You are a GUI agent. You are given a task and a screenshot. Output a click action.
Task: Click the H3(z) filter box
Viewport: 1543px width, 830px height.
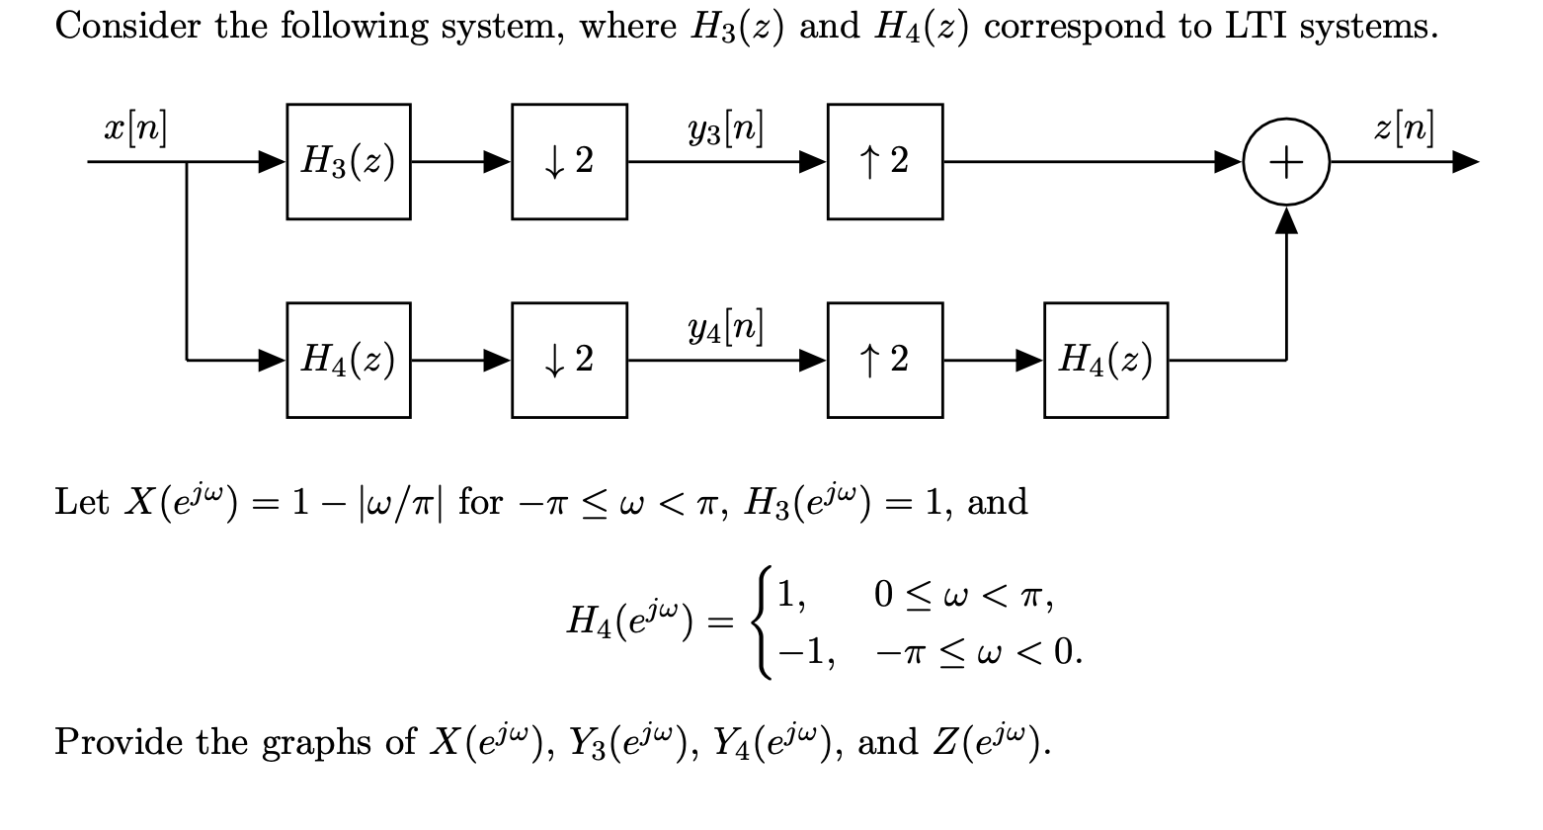(x=349, y=161)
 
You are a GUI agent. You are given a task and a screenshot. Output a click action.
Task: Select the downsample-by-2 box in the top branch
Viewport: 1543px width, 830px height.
(x=569, y=161)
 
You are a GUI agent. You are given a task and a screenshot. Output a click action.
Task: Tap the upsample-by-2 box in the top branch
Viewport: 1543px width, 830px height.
(x=884, y=161)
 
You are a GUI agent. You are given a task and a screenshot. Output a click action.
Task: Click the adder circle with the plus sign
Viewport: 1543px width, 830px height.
(x=1286, y=161)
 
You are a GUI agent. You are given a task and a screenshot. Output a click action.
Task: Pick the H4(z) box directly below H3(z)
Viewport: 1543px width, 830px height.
(x=349, y=360)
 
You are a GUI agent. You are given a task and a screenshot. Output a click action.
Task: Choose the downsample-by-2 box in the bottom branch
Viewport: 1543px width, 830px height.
(x=569, y=360)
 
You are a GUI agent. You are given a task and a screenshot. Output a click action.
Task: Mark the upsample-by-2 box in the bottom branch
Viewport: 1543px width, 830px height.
(x=884, y=360)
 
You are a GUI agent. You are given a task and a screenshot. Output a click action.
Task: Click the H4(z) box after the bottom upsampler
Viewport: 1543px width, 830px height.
(x=1105, y=360)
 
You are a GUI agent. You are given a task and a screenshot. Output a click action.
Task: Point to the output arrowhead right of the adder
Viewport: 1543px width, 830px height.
(x=1466, y=162)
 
